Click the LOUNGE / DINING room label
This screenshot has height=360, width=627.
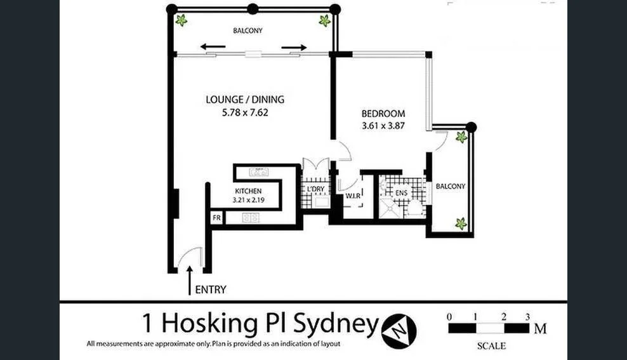245,99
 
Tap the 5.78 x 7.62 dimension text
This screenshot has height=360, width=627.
245,112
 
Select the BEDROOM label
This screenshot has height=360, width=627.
383,114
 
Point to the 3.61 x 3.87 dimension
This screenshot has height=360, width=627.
383,126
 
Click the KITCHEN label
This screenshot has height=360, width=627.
248,191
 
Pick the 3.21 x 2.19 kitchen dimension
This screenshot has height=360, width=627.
248,200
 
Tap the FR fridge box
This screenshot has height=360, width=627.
216,218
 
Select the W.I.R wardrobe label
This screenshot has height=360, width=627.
353,196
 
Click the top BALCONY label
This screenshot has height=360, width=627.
247,30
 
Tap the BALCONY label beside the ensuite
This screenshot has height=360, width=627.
451,187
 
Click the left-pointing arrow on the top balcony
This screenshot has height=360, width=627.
212,46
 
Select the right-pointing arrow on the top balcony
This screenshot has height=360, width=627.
294,47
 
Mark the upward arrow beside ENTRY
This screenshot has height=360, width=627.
189,280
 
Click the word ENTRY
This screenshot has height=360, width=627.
211,290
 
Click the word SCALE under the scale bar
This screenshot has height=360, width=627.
491,346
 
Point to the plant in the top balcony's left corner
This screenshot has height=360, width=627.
181,20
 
